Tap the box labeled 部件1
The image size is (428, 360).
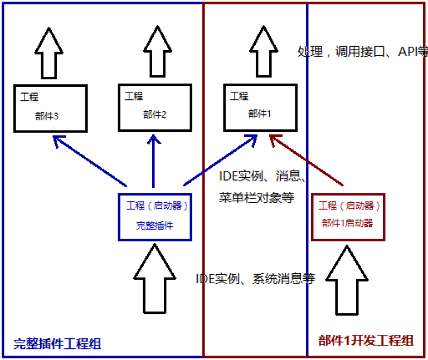coord(260,108)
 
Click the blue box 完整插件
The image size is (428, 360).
coord(159,217)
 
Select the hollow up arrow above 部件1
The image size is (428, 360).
coord(260,51)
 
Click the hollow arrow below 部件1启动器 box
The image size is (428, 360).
coord(347,280)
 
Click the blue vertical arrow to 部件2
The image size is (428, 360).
coord(153,162)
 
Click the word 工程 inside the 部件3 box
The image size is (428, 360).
coord(30,96)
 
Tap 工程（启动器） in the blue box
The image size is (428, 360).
coord(158,206)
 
